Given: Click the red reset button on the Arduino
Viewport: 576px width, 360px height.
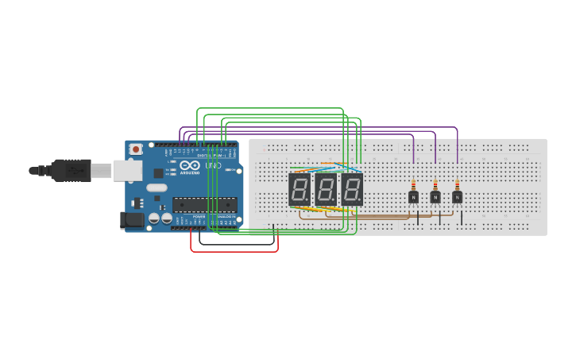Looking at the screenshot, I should click(x=136, y=149).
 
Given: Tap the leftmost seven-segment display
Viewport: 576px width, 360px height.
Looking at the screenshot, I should click(x=300, y=190).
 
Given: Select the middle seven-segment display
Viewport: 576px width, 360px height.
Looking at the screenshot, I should click(x=326, y=190).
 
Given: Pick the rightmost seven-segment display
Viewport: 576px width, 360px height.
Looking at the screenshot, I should click(x=352, y=190).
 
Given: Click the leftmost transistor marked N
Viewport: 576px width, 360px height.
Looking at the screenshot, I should click(x=413, y=197).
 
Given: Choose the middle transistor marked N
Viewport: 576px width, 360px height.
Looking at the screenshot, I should click(x=435, y=197).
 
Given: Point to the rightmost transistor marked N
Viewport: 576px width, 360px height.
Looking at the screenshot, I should click(x=458, y=197).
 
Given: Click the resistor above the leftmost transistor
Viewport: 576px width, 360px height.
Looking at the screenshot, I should click(x=413, y=184).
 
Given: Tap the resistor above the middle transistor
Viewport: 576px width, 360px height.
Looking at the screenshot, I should click(x=435, y=184).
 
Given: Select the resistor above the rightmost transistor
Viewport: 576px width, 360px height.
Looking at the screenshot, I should click(x=458, y=184).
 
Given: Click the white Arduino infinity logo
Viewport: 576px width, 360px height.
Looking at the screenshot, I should click(x=190, y=166).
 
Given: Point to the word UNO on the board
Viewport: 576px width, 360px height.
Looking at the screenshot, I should click(x=213, y=165).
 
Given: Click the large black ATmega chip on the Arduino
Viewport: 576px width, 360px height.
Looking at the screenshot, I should click(x=204, y=204).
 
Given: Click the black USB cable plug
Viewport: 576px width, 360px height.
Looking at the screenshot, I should click(x=72, y=170).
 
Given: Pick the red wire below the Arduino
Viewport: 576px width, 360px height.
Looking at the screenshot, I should click(x=234, y=251).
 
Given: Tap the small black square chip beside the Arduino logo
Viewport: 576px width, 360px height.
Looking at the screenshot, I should click(x=158, y=172).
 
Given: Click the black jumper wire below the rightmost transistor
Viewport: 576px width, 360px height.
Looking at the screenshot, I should click(x=462, y=218).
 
